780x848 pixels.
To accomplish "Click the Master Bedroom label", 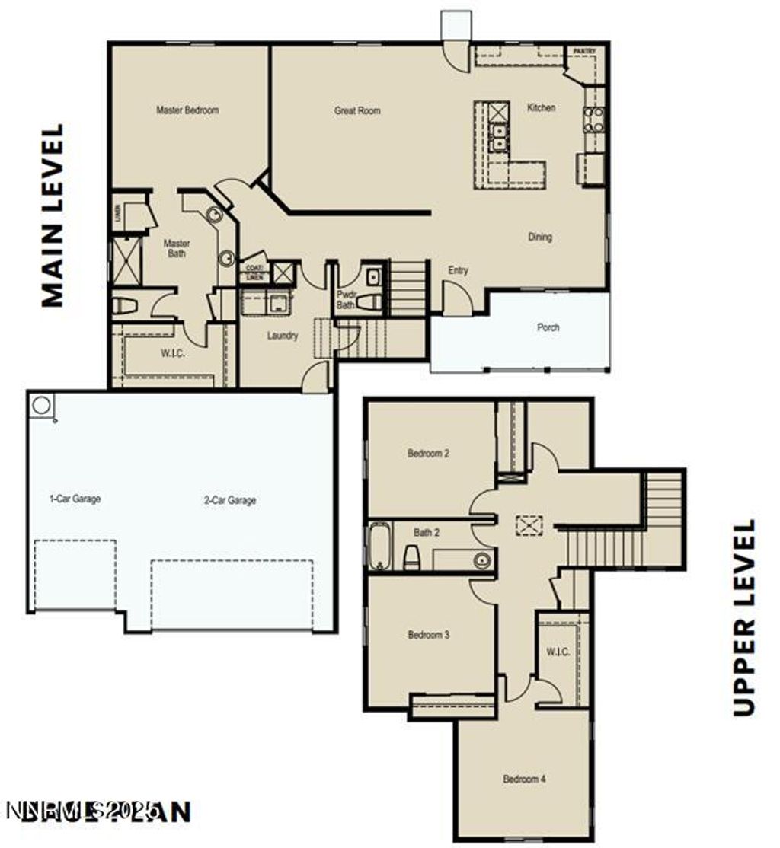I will click(187, 110).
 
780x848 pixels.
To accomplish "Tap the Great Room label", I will click(357, 111).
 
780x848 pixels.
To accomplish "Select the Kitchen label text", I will click(542, 108).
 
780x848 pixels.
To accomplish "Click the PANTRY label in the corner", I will click(585, 52).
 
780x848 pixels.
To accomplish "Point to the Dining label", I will click(540, 238).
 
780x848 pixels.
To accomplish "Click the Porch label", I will click(548, 327).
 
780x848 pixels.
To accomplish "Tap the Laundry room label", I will click(283, 336).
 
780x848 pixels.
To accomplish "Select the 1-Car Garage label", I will click(75, 499).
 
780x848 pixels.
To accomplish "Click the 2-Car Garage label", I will click(230, 501).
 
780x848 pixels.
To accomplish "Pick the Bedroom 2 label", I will click(428, 454).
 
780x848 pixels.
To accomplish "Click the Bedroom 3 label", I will click(428, 635).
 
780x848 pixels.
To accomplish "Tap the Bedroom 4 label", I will click(523, 779).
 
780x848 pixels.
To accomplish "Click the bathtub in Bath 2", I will click(379, 546).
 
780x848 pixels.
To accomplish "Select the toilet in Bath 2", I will click(411, 557).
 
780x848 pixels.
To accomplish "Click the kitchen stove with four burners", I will click(594, 120).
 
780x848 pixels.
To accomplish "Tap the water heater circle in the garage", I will click(42, 405).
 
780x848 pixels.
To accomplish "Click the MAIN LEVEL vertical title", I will click(52, 216).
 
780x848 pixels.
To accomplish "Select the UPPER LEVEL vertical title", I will click(743, 617).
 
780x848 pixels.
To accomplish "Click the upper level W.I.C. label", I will click(558, 652).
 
